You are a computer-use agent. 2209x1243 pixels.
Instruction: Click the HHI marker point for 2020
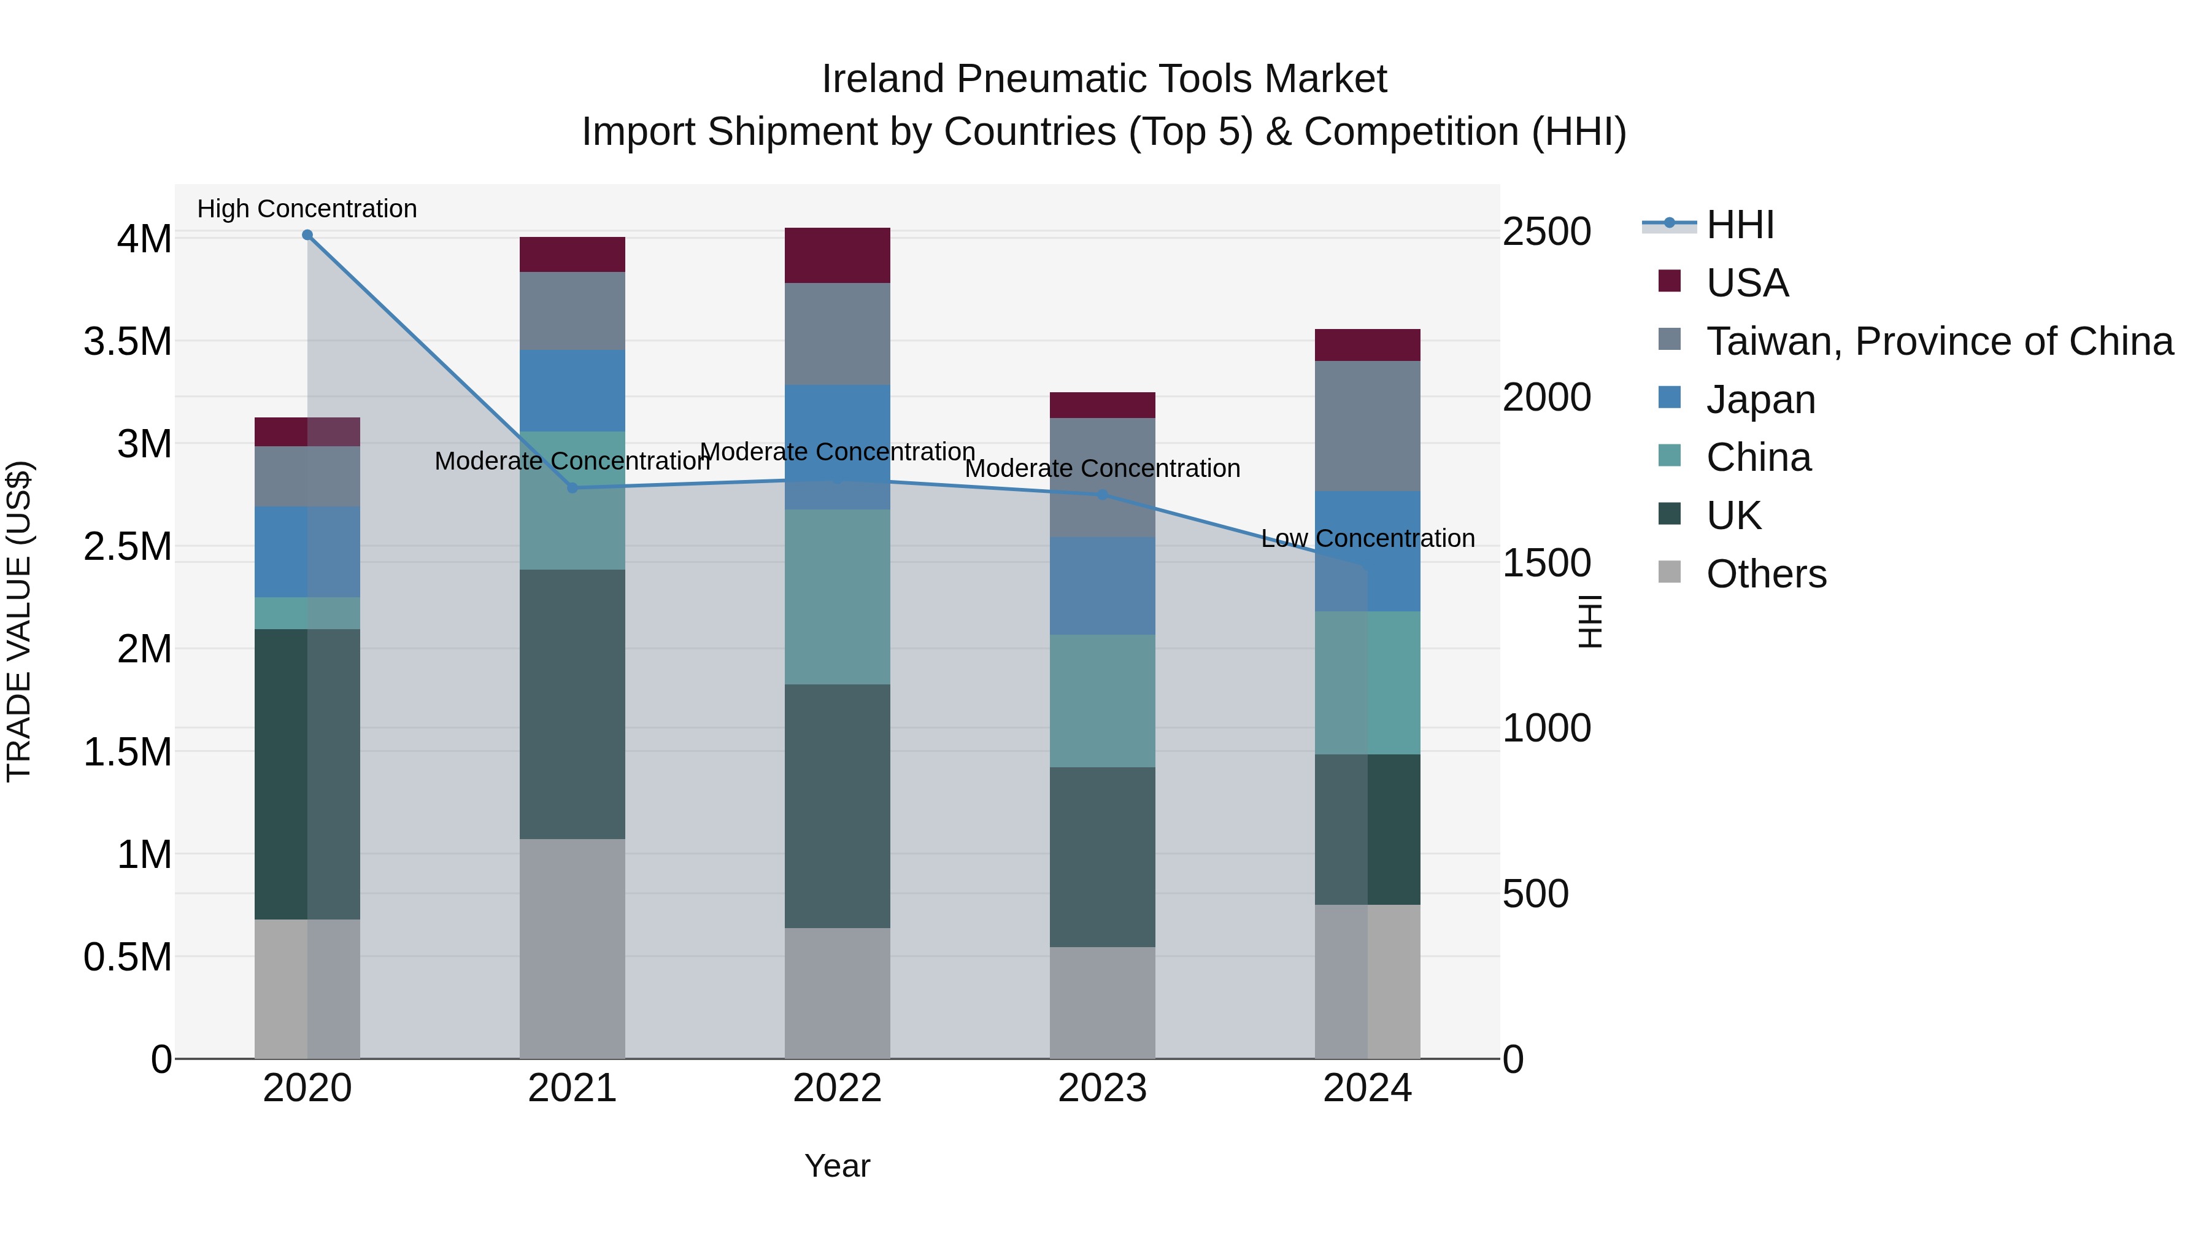coord(307,235)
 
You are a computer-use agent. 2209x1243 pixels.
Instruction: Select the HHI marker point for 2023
coord(1103,495)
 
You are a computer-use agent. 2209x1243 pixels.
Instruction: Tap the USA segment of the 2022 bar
coord(837,255)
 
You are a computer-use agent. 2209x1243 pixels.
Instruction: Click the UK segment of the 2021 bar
coord(572,703)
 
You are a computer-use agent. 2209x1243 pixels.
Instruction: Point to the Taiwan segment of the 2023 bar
coord(1102,477)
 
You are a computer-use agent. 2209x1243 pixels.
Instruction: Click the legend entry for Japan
coord(1760,400)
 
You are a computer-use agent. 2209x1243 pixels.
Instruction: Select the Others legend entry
coord(1765,574)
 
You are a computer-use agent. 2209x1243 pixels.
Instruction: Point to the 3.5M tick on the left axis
coord(127,341)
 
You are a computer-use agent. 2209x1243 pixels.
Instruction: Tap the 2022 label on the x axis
coord(837,1088)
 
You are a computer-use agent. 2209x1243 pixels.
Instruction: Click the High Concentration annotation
coord(307,209)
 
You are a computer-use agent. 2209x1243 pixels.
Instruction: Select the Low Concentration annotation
coord(1367,539)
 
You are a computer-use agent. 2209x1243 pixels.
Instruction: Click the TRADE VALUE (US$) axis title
coord(19,621)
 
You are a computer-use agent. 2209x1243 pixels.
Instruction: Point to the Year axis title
coord(837,1166)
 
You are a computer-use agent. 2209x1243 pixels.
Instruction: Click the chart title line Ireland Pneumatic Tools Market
coord(1104,79)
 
